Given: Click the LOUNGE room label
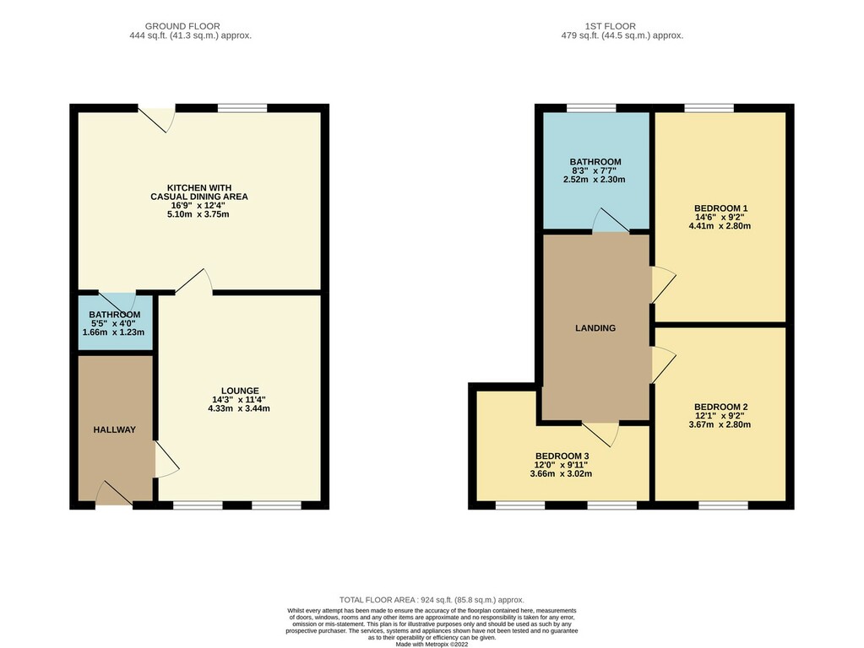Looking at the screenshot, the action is tap(240, 391).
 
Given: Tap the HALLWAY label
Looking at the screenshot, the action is tap(114, 430).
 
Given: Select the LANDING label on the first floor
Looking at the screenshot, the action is tap(595, 328).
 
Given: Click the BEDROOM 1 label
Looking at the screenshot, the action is tap(720, 208).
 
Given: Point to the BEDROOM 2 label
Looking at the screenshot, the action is tap(720, 407).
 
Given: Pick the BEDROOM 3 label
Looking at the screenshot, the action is tap(562, 456).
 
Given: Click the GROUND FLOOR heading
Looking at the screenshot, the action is tap(182, 26).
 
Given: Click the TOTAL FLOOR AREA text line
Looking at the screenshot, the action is tap(432, 600).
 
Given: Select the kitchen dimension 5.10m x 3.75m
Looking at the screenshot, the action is tap(198, 214).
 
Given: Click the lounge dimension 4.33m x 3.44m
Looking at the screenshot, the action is tap(238, 408).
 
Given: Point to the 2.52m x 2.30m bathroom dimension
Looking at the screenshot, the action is tap(594, 180).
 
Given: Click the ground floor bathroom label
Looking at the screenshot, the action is tap(114, 315).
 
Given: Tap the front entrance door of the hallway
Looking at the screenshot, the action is tap(115, 494).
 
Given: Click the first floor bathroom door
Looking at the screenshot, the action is tap(611, 220).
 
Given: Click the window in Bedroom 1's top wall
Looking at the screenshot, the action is tap(709, 108).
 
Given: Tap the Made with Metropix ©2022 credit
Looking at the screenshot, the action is tap(432, 644).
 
